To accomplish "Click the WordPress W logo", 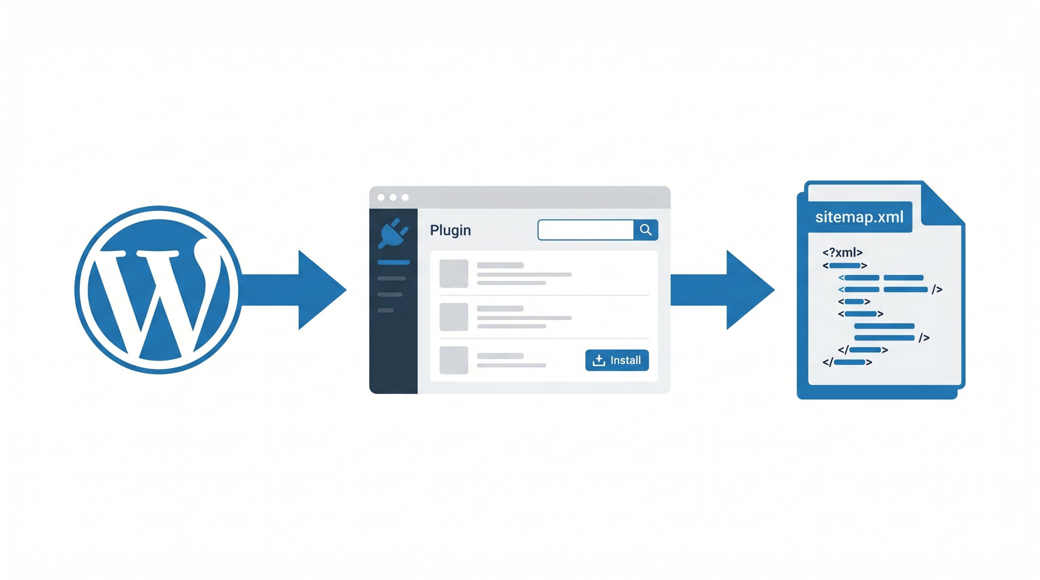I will (158, 290).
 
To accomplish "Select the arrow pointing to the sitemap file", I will (727, 290).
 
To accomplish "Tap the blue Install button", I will (617, 360).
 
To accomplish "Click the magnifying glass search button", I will (646, 230).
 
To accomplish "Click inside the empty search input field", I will (585, 230).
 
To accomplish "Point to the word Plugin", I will (450, 230).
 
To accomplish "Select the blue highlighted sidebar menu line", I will (393, 263).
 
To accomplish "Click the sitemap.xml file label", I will (859, 217).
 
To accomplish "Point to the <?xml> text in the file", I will (842, 252).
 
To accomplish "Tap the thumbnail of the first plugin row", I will (454, 274).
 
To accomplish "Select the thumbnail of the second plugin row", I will (454, 317).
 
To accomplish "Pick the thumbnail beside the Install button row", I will (454, 360).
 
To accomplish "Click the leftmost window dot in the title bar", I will (381, 197).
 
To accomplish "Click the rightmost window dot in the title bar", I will (405, 197).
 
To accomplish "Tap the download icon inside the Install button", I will (599, 360).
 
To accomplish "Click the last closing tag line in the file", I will (847, 362).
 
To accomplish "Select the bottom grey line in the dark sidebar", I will (386, 310).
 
